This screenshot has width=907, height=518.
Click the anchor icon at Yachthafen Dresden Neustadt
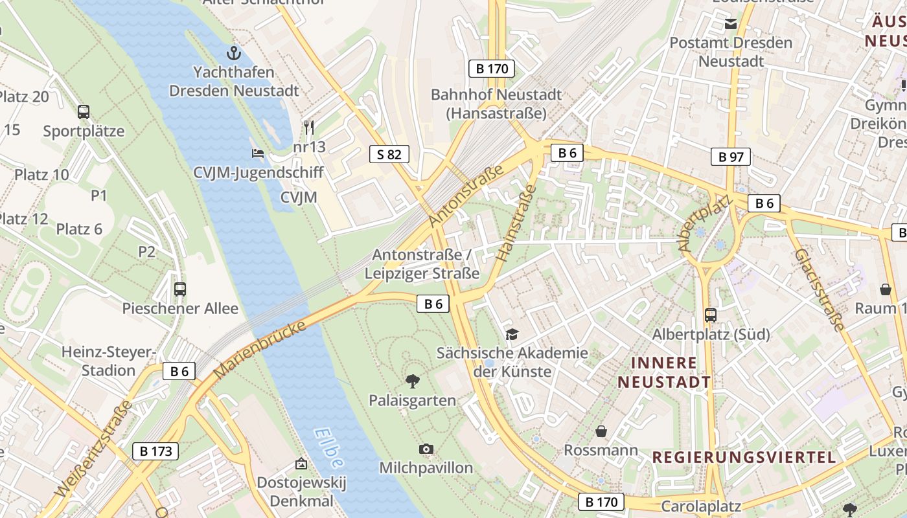click(x=233, y=52)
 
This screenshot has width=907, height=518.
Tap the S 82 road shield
click(x=389, y=154)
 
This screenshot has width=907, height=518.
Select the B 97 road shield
click(x=730, y=157)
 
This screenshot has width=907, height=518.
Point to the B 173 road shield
click(x=155, y=451)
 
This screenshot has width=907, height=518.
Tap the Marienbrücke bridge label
click(x=259, y=350)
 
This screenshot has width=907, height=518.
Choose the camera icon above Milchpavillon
click(x=426, y=449)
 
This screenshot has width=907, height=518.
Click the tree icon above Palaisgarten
click(x=412, y=381)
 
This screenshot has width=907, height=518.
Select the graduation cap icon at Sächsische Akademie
click(x=512, y=334)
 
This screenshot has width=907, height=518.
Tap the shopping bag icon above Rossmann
click(x=601, y=431)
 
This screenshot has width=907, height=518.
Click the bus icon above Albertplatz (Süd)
click(x=711, y=315)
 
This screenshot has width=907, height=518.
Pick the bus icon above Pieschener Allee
click(x=180, y=289)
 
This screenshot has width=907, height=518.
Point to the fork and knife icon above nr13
click(x=309, y=127)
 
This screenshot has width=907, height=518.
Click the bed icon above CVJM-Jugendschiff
click(x=258, y=153)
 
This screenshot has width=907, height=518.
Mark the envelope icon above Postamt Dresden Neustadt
click(x=731, y=24)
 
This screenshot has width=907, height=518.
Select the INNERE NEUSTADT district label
click(x=664, y=372)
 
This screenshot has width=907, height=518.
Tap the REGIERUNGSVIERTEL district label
click(x=744, y=457)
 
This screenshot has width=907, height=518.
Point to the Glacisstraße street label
click(x=820, y=289)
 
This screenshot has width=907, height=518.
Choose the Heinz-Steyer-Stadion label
click(x=108, y=361)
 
